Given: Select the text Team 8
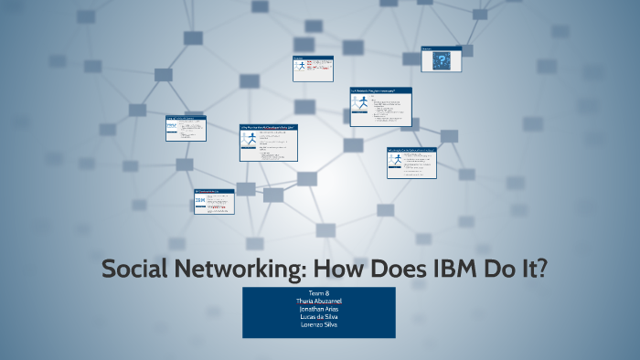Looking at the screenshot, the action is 318,292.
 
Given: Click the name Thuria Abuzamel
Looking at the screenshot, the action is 318,301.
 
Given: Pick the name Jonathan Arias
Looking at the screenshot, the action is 318,309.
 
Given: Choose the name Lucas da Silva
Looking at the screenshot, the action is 318,317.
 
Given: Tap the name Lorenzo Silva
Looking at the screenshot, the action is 318,325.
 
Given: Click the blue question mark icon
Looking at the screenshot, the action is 443,62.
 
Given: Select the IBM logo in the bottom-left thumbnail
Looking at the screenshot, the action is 200,201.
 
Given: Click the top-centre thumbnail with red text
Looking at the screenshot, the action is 313,69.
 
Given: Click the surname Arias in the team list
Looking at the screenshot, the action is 331,309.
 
